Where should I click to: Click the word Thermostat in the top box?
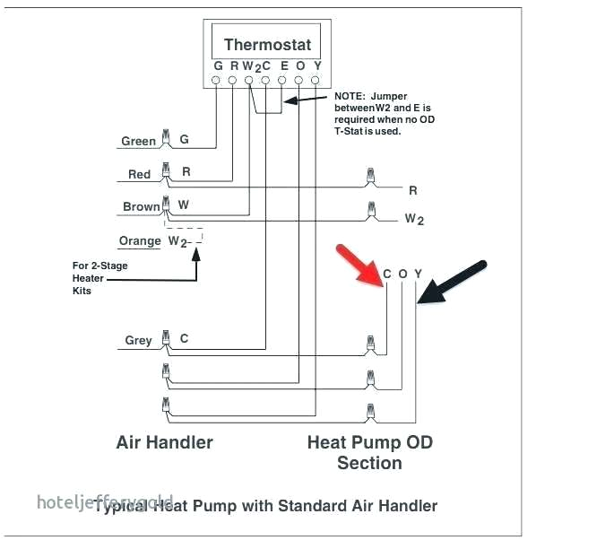click(x=267, y=45)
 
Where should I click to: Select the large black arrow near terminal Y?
click(x=454, y=283)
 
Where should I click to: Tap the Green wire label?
click(x=139, y=141)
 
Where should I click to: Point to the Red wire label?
click(x=139, y=174)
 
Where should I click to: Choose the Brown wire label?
click(x=141, y=206)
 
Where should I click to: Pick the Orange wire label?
click(x=140, y=241)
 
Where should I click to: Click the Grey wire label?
click(x=138, y=340)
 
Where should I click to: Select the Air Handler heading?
click(x=165, y=442)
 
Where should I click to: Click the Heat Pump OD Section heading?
click(x=368, y=452)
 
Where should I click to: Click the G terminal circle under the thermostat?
click(x=217, y=81)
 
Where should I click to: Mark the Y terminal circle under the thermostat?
click(x=316, y=81)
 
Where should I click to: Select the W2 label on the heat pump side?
click(x=414, y=219)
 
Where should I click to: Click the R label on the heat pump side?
click(x=412, y=190)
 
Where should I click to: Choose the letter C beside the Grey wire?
click(x=185, y=338)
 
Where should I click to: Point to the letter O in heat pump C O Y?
click(x=402, y=274)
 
